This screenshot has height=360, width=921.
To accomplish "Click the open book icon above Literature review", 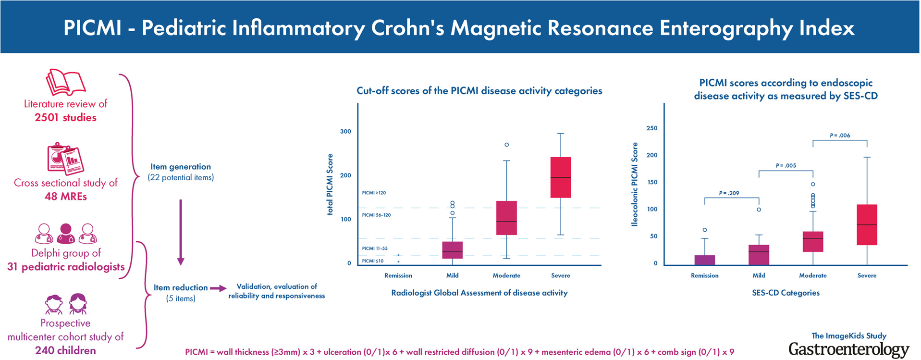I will coord(66,82).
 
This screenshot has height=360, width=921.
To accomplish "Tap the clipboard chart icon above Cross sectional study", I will coord(66,158).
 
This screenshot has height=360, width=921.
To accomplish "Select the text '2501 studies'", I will coord(66,117).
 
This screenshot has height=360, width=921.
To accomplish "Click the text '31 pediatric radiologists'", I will coord(66,267).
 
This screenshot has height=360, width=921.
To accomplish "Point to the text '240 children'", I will coord(66,350).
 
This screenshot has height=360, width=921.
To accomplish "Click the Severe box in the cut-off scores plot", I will coord(560,177).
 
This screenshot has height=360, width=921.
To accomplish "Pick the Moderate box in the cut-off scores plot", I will coord(506,218).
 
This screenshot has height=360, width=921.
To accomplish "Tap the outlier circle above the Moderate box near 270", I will coord(506,145).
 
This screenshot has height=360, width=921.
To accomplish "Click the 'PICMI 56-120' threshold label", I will coord(376,215).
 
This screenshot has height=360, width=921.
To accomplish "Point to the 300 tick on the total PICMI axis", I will coord(345,131).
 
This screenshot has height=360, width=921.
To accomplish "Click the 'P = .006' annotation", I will coord(840,136).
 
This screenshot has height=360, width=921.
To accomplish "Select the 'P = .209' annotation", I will coord(729,193).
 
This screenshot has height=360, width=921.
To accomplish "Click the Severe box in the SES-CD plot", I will coord(867,224).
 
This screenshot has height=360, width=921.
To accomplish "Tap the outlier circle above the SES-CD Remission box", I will coord(705,230).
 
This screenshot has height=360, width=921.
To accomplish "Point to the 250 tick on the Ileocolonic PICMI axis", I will coord(652,128).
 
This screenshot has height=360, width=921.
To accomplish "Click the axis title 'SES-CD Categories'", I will coord(786,293).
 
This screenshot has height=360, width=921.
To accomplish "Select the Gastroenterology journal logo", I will coord(848,349).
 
